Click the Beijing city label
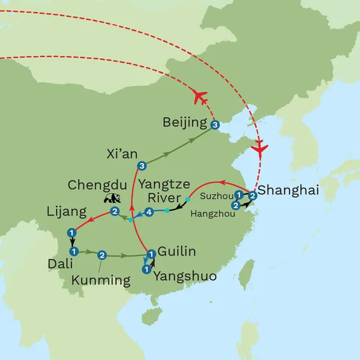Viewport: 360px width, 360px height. pos(185,124)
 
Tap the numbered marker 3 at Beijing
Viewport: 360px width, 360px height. pos(215,125)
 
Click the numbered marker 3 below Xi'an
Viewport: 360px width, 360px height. pos(142,166)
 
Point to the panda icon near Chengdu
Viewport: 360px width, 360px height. pos(111,199)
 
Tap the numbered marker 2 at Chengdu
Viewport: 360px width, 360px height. pos(114,212)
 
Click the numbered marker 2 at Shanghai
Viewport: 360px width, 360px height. pos(253,195)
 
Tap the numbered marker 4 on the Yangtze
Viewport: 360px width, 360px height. pos(148,212)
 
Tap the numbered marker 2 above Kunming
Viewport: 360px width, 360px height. pos(102,254)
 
